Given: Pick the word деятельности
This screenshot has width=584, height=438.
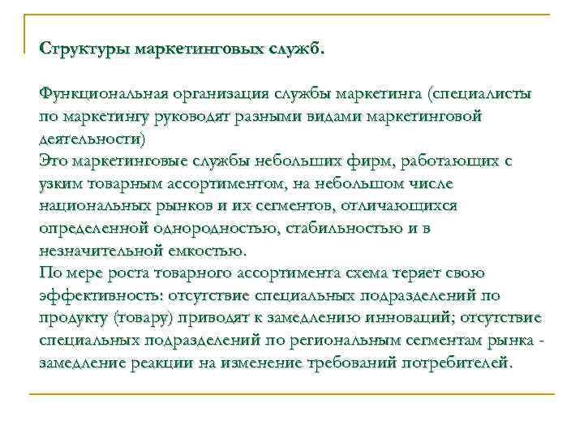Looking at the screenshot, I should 90,139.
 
